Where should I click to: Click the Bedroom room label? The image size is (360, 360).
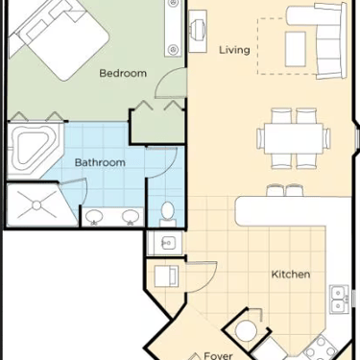coord(123,73)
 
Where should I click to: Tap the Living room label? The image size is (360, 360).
coord(234,50)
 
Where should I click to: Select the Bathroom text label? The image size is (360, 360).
coord(100,162)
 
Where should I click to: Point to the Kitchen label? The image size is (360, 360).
coord(291,275)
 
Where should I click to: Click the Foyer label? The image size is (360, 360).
coord(218,355)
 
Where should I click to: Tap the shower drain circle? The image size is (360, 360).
coord(36,205)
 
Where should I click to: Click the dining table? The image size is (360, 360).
coord(294,138)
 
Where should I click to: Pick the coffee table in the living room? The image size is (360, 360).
coord(295,49)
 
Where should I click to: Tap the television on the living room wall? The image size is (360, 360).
coord(198,32)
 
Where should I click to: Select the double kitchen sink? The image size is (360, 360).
coord(339,300)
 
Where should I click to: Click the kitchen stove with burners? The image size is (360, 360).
coord(320,349)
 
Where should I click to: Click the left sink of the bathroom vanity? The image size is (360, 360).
coord(94,217)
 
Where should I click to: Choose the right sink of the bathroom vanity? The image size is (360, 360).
coord(130,217)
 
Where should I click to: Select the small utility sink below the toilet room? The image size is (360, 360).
coord(166,244)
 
